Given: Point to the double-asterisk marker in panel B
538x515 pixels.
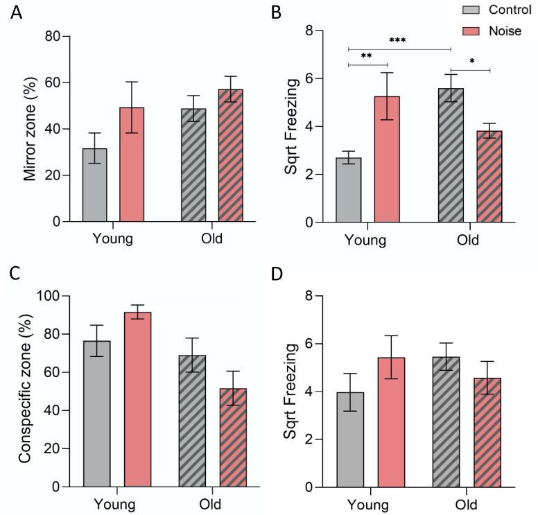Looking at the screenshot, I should coord(367,56).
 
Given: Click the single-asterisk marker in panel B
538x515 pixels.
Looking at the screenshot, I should coord(472,61).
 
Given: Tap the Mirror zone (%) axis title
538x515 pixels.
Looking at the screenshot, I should coord(30,128).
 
